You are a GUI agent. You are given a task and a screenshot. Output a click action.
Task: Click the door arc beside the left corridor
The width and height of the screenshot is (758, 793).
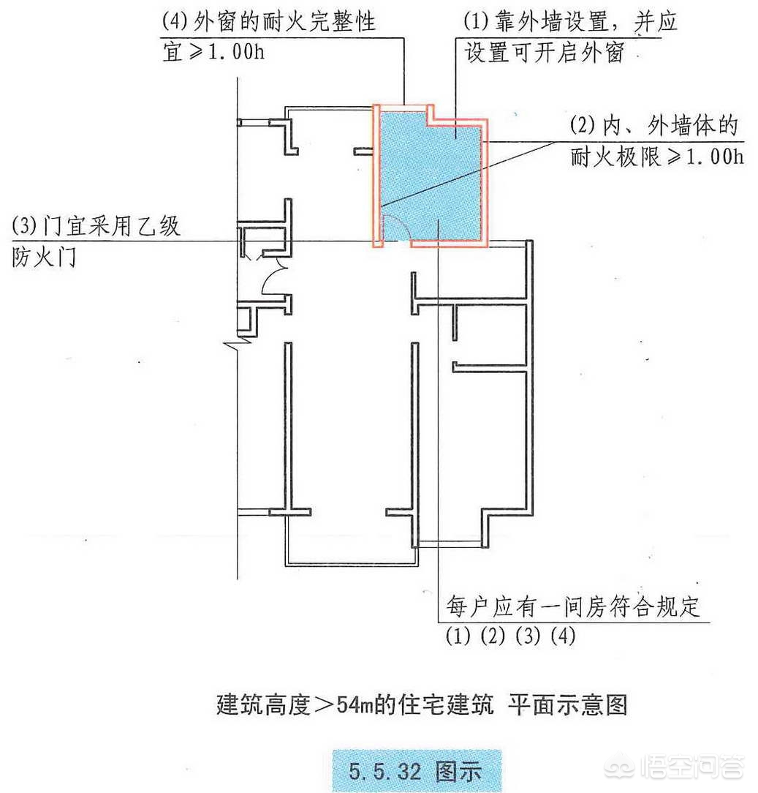pos(270,281)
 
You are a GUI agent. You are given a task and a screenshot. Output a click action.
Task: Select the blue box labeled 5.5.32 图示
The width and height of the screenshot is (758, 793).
pos(417,770)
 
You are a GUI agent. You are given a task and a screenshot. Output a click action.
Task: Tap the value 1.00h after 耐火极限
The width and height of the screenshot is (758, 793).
pos(715,157)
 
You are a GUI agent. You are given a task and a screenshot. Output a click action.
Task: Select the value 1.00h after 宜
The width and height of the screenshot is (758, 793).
pos(235,52)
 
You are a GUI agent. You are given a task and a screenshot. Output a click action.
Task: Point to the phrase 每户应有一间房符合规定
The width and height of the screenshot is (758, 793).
pos(573,606)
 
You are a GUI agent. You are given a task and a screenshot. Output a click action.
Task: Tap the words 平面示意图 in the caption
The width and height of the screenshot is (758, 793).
pos(567,704)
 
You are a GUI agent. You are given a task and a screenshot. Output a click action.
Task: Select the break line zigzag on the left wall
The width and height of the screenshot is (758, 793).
pos(238,344)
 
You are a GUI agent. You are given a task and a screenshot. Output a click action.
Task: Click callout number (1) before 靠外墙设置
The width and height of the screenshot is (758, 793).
pos(476,21)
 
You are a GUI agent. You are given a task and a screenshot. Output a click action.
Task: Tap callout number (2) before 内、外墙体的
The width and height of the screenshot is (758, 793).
pos(583,125)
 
